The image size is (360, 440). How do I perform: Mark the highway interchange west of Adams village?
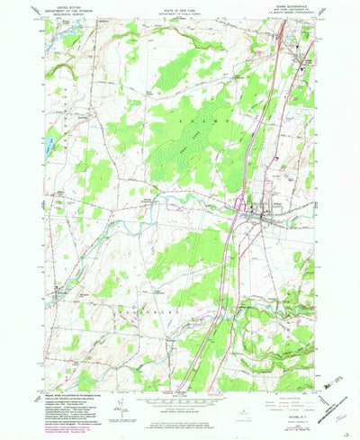tap(237, 212)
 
